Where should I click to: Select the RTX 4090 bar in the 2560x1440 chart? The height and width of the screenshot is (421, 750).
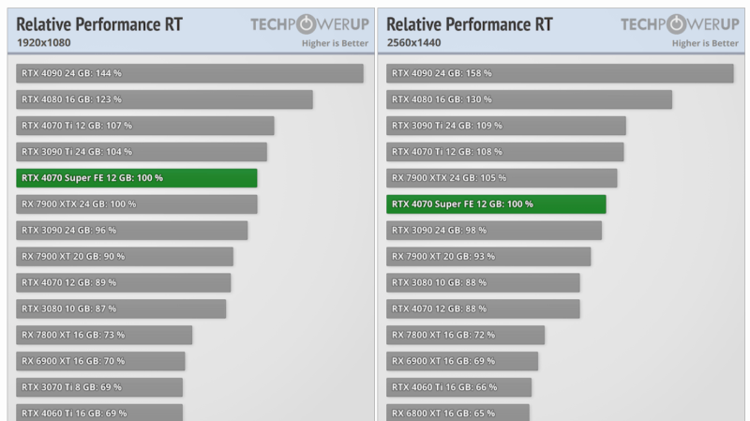[x=560, y=73]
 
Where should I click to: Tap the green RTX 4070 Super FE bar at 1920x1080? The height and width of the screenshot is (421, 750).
[x=137, y=178]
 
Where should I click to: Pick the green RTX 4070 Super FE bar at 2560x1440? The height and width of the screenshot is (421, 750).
[x=496, y=204]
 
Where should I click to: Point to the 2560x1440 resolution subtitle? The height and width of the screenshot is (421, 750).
[x=413, y=43]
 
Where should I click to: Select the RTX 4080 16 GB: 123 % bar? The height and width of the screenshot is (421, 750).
[x=164, y=99]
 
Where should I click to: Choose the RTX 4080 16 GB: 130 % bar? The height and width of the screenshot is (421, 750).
[x=529, y=99]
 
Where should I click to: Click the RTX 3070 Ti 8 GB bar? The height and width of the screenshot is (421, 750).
[x=99, y=387]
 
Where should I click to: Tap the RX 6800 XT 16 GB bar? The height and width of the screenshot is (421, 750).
[x=457, y=413]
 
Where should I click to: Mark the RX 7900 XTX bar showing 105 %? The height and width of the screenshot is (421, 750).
[x=502, y=178]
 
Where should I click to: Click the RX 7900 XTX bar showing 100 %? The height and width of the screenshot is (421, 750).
[x=137, y=204]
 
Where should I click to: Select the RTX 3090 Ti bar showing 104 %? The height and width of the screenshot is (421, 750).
[x=142, y=152]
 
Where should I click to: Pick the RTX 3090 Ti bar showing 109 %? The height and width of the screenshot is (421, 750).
[x=506, y=126]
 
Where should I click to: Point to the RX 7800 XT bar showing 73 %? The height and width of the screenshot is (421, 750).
[x=104, y=335]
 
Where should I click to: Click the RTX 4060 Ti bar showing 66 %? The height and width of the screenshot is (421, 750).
[x=458, y=387]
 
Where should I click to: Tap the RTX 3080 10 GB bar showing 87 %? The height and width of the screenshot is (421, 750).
[x=121, y=308]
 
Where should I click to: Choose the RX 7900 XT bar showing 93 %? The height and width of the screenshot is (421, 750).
[x=488, y=256]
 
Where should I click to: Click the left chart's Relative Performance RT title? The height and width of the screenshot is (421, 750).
[x=99, y=23]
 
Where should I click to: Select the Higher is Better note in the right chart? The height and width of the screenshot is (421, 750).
[x=705, y=43]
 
